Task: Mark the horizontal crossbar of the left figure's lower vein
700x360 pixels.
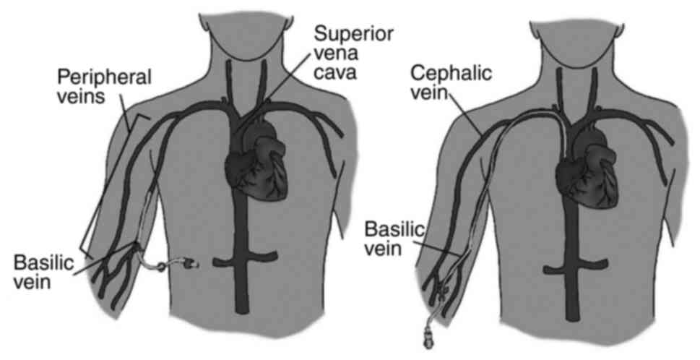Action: (239, 257)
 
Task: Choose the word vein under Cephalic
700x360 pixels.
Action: (434, 93)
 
